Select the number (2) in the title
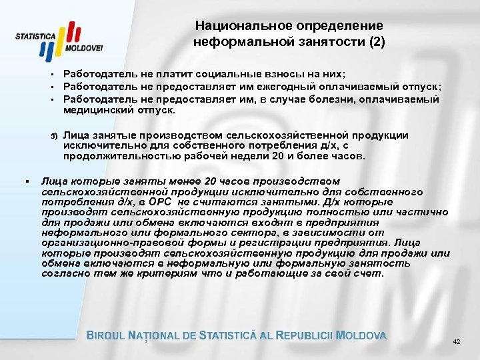point(375,41)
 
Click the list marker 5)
point(55,136)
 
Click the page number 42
point(456,342)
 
